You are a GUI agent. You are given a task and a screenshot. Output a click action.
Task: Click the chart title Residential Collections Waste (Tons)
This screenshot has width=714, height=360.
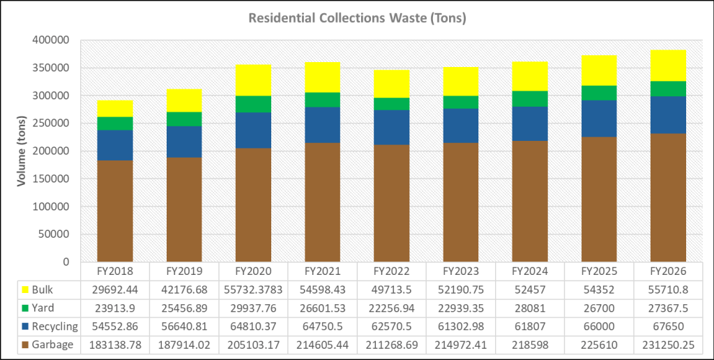pyautogui.click(x=357, y=18)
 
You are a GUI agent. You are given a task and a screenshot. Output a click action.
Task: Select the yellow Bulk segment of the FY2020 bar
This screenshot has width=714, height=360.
pyautogui.click(x=253, y=80)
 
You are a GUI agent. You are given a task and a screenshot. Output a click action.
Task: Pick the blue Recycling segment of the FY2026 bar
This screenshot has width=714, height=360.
pyautogui.click(x=668, y=115)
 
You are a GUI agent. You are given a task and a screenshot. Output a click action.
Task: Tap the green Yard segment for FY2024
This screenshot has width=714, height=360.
pyautogui.click(x=530, y=99)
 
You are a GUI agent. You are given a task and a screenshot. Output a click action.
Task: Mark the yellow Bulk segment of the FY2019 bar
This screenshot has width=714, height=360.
pyautogui.click(x=184, y=100)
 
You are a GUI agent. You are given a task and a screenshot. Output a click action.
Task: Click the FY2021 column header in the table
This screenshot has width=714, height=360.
pyautogui.click(x=323, y=271)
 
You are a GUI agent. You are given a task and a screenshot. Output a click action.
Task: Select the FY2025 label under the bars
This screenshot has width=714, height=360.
pyautogui.click(x=599, y=271)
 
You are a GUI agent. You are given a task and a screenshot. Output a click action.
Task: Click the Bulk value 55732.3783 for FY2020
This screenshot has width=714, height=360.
pyautogui.click(x=254, y=290)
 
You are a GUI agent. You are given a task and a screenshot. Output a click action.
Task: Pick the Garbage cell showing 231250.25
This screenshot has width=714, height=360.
pyautogui.click(x=668, y=344)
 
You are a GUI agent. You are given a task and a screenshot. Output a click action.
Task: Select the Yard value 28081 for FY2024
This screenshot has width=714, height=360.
pyautogui.click(x=530, y=308)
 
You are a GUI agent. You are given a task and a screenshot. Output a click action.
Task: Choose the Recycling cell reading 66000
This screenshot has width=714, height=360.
pyautogui.click(x=599, y=326)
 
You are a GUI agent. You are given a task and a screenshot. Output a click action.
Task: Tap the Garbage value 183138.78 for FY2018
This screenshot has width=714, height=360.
pyautogui.click(x=115, y=344)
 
